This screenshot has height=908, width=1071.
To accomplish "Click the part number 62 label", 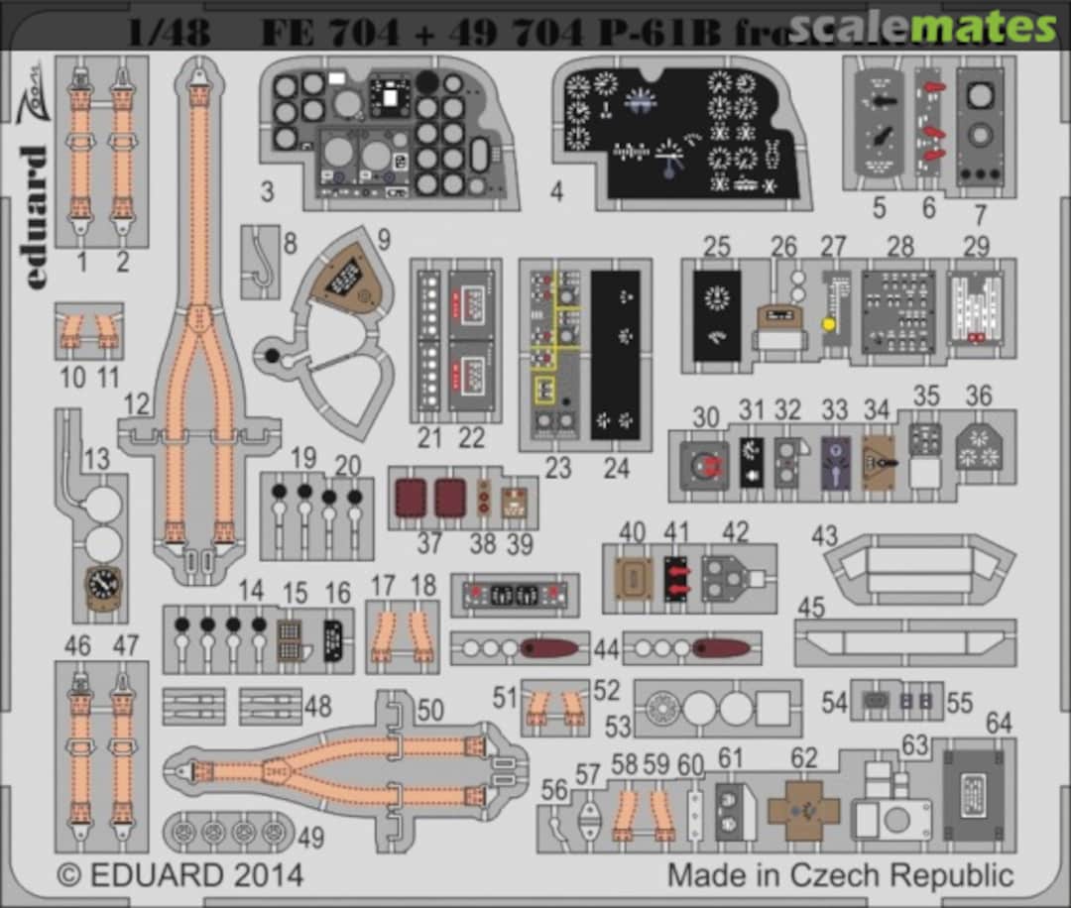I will tap(804, 758).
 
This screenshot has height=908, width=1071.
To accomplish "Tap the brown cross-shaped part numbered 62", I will tap(803, 809).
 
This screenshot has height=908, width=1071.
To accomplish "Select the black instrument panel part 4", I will tap(683, 134).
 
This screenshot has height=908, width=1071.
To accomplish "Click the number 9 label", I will tap(384, 240).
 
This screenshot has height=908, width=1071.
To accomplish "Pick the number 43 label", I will tap(824, 535).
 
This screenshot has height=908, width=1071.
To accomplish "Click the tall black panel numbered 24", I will tap(615, 354).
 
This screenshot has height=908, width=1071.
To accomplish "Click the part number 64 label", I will tap(998, 723).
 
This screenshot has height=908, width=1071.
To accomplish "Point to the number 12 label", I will tap(137, 402).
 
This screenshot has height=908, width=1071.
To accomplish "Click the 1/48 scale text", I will tap(169, 33).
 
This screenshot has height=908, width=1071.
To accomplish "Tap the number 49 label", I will tap(310, 838).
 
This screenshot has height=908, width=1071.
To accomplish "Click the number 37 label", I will tap(428, 543).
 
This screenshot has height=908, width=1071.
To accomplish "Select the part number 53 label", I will tap(618, 727).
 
